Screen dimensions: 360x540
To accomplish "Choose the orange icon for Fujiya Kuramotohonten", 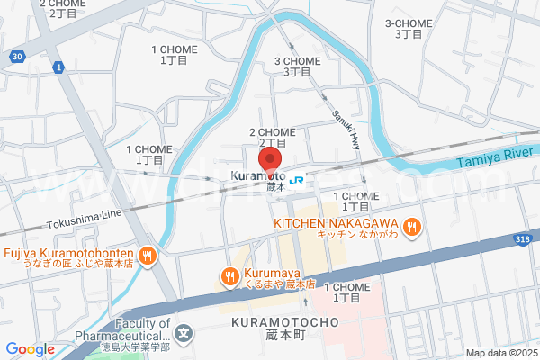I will click(148, 256).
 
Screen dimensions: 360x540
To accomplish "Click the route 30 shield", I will click(17, 57).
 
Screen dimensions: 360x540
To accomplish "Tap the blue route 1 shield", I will click(58, 67).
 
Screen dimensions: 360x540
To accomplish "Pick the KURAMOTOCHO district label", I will click(283, 321).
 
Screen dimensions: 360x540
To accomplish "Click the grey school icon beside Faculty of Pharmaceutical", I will click(184, 333).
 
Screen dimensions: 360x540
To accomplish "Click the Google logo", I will click(30, 348).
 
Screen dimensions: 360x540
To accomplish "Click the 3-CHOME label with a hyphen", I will click(408, 23).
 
